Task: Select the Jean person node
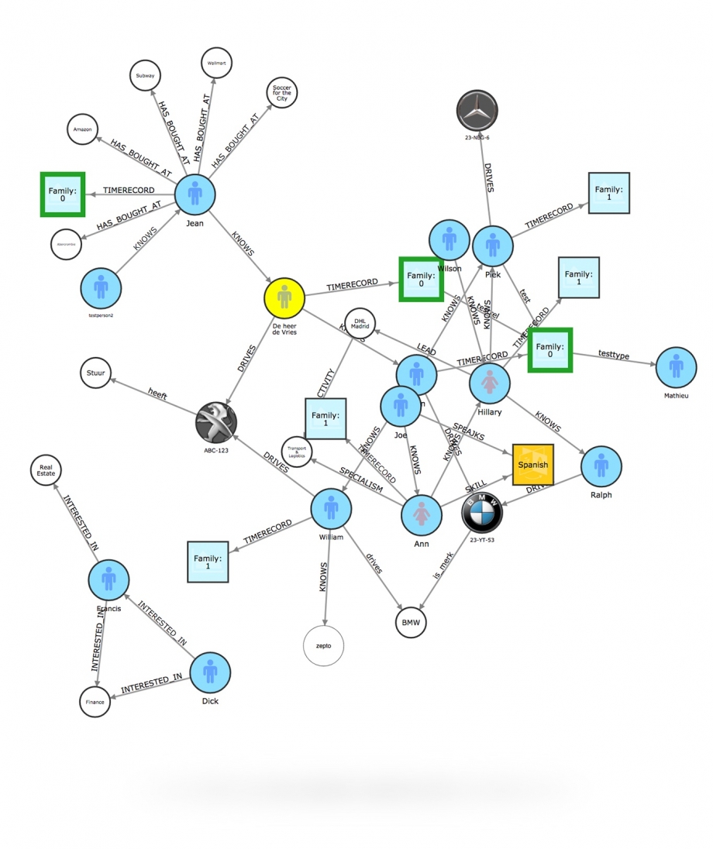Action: (195, 193)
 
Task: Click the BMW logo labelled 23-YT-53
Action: (482, 511)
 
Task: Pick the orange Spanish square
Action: (532, 465)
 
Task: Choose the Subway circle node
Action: (145, 76)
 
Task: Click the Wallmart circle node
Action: (217, 64)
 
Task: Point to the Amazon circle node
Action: (83, 130)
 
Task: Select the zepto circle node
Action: (323, 644)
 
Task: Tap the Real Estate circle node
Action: (45, 469)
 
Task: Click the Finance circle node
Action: (95, 702)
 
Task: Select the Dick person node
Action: (209, 672)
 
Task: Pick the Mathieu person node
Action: (676, 368)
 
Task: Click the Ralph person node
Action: (601, 466)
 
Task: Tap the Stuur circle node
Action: (96, 373)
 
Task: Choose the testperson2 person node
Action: (102, 288)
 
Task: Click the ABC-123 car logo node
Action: (216, 423)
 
